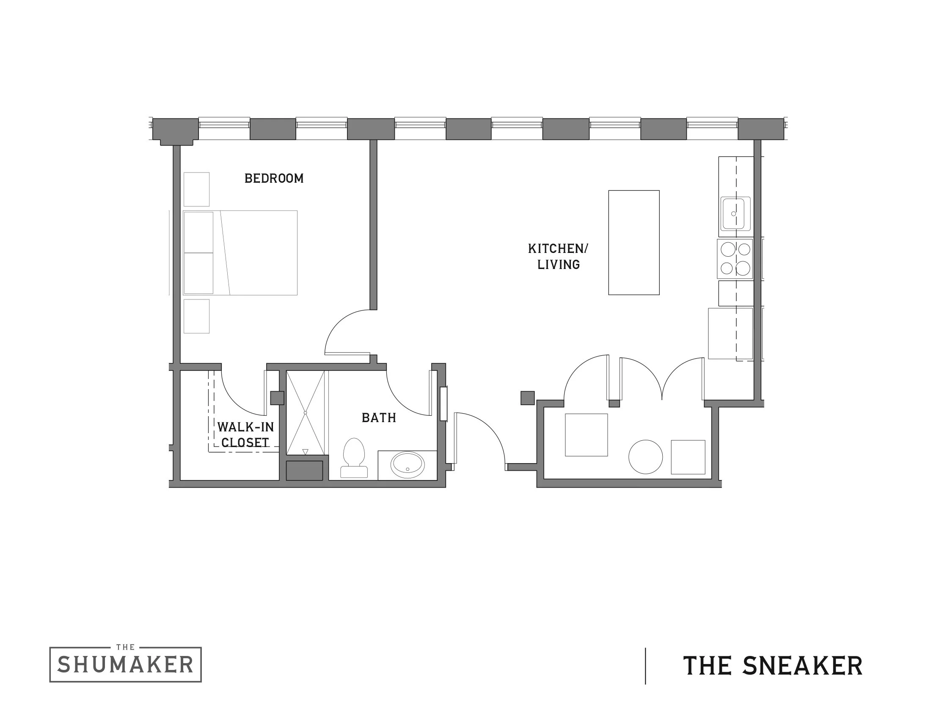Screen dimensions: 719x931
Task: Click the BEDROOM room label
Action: click(x=274, y=178)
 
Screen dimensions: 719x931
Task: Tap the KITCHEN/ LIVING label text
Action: click(x=558, y=256)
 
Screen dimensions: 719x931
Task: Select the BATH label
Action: click(x=379, y=418)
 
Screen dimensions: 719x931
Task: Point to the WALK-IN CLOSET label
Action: click(x=245, y=434)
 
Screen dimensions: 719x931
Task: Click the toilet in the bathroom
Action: click(x=354, y=458)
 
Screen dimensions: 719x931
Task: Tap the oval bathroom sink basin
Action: click(x=408, y=465)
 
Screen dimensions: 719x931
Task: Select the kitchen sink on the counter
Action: click(x=735, y=214)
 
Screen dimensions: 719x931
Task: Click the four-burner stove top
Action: click(x=735, y=258)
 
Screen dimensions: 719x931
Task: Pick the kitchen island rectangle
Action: click(x=634, y=242)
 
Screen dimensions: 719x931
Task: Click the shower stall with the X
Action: click(x=305, y=412)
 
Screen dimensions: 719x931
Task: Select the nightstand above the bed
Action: click(x=196, y=189)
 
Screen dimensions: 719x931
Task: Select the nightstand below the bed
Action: click(x=196, y=316)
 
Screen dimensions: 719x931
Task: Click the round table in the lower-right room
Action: click(x=645, y=457)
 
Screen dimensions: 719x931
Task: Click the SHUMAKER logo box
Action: click(x=125, y=664)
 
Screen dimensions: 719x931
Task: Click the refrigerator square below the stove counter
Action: click(x=730, y=334)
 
